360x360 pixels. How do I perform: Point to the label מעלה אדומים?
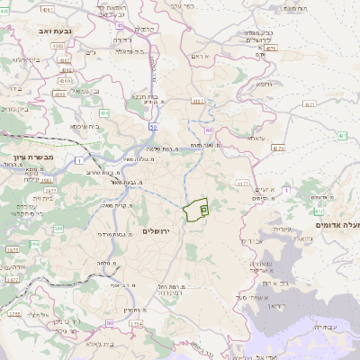[337, 225]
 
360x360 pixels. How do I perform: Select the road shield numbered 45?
[120, 25]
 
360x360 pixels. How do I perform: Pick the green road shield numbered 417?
[343, 135]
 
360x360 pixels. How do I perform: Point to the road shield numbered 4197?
[198, 102]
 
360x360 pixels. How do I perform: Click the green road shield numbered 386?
[58, 229]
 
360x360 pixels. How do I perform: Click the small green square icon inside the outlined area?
[203, 209]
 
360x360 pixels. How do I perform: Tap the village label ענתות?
[256, 139]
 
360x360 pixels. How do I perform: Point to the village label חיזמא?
[263, 84]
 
